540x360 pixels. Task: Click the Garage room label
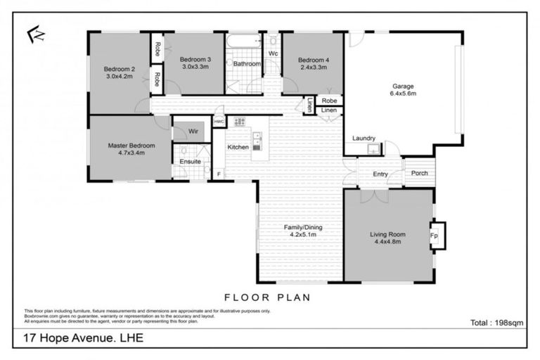404,87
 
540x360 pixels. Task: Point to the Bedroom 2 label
120,69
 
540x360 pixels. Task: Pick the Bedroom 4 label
309,60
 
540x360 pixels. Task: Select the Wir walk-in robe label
188,131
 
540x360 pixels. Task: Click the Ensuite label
190,162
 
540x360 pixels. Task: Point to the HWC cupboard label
219,122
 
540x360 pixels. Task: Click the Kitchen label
238,147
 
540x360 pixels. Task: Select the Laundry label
364,139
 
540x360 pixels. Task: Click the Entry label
380,174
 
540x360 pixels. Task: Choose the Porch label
419,173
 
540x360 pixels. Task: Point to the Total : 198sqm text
496,323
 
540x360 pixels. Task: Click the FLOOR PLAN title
267,297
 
